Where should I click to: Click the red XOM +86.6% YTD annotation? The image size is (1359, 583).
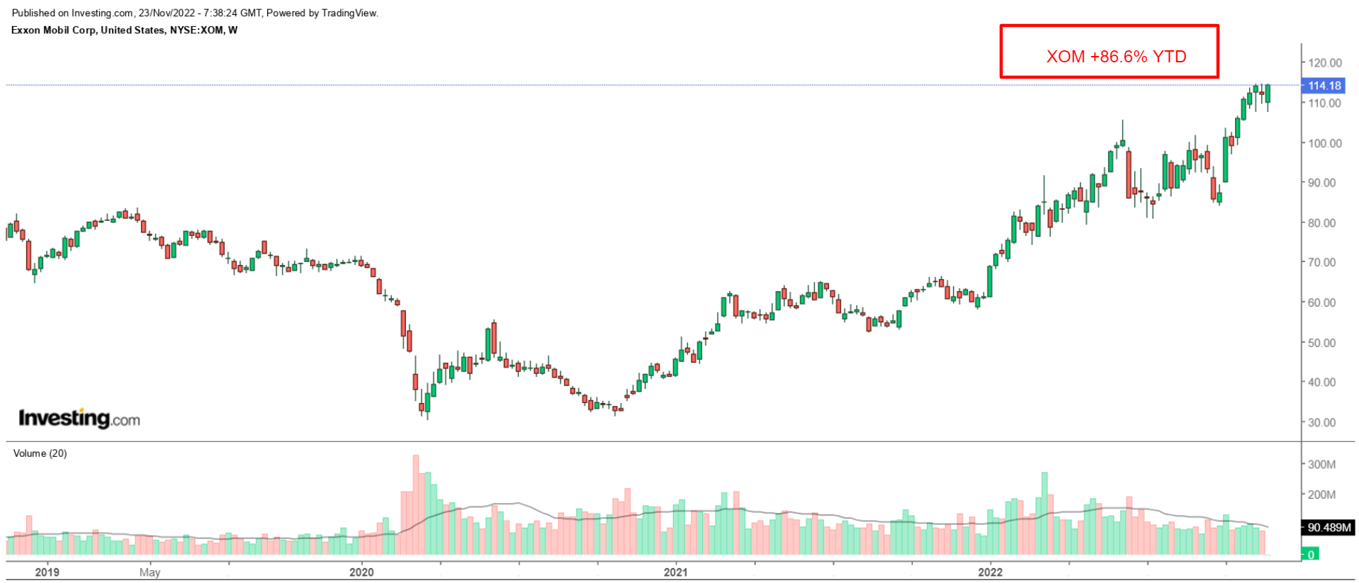[1115, 57]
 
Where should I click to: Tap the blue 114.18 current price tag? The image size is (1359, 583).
[1324, 86]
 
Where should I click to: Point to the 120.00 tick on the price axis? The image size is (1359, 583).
[1324, 63]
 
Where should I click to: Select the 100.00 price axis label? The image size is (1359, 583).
[1324, 143]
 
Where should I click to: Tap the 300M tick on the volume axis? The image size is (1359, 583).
[1321, 465]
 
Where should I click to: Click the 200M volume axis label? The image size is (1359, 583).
[1321, 494]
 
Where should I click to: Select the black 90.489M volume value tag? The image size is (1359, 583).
[1329, 528]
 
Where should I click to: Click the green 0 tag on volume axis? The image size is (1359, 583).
[1311, 555]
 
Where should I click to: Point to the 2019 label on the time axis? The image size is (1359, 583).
[47, 572]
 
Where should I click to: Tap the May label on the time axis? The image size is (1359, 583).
[150, 572]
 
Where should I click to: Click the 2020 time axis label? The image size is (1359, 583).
[361, 572]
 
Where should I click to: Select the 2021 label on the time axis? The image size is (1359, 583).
[675, 572]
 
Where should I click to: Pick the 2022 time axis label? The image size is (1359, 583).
[990, 572]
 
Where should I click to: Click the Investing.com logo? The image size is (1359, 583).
[79, 419]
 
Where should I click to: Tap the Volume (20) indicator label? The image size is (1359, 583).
[40, 453]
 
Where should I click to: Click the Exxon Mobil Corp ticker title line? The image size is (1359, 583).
[125, 30]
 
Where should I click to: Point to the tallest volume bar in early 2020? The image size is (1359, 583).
[416, 504]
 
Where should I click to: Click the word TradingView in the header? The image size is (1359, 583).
[349, 13]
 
